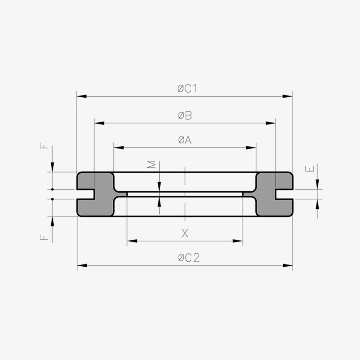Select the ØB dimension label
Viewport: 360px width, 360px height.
point(185,116)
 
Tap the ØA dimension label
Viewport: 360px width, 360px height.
point(185,140)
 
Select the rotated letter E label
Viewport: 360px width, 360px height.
point(310,169)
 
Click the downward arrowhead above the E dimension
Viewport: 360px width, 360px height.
point(317,185)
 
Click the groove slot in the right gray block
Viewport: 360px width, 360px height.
point(285,194)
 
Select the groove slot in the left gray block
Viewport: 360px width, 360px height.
point(85,194)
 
